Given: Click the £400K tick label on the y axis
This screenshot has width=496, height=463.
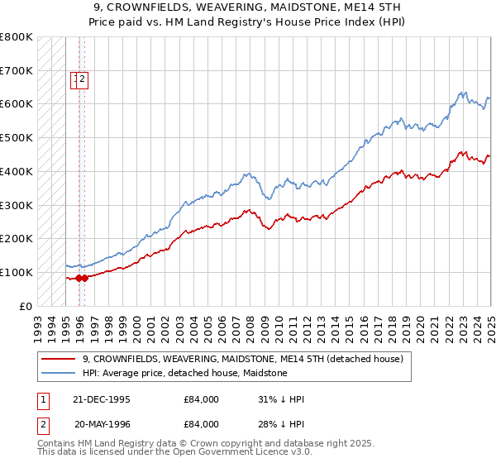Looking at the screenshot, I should [x=16, y=171].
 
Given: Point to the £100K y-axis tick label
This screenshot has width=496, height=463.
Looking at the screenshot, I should [x=16, y=272].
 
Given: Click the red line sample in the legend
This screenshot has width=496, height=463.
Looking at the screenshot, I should [x=59, y=359].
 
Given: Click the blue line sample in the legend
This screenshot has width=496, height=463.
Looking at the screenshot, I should [x=59, y=373].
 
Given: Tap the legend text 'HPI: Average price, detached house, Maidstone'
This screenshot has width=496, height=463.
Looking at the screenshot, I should [x=184, y=373].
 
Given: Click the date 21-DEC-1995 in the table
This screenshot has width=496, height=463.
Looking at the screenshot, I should [x=102, y=399].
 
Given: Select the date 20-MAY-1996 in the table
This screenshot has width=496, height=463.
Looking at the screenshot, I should [x=102, y=424].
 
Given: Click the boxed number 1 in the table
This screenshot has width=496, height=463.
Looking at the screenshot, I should [x=43, y=399].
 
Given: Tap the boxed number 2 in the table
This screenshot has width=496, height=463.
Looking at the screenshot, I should [x=43, y=424].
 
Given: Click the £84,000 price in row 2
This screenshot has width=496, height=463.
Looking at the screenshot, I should [x=201, y=424].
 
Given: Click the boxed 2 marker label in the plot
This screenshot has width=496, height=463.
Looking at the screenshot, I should [x=83, y=79].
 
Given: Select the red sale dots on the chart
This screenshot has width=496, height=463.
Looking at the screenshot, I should [x=82, y=278].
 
